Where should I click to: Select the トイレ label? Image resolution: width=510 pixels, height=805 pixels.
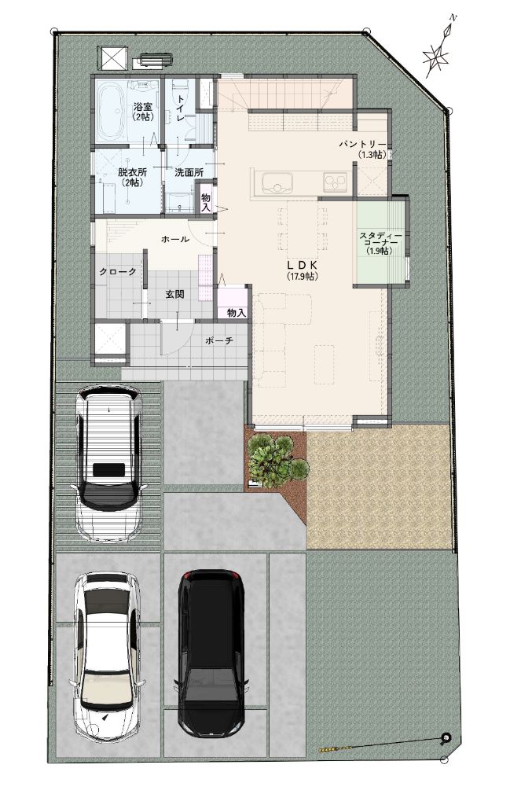click(180, 108)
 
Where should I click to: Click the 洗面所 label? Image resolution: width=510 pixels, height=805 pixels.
click(189, 172)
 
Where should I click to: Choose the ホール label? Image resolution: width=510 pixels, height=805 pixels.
click(175, 239)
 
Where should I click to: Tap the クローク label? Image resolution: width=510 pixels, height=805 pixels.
click(118, 271)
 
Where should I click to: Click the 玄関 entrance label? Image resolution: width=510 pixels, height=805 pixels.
click(174, 295)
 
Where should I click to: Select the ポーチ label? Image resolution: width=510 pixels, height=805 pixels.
click(219, 340)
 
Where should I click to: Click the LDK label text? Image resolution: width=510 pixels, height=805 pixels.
click(303, 265)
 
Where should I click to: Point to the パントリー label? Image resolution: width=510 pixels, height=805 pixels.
click(362, 145)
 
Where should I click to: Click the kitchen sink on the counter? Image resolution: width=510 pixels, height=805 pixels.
click(277, 182)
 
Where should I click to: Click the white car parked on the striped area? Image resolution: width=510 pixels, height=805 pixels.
click(108, 463)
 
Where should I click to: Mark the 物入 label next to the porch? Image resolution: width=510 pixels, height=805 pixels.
click(236, 313)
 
